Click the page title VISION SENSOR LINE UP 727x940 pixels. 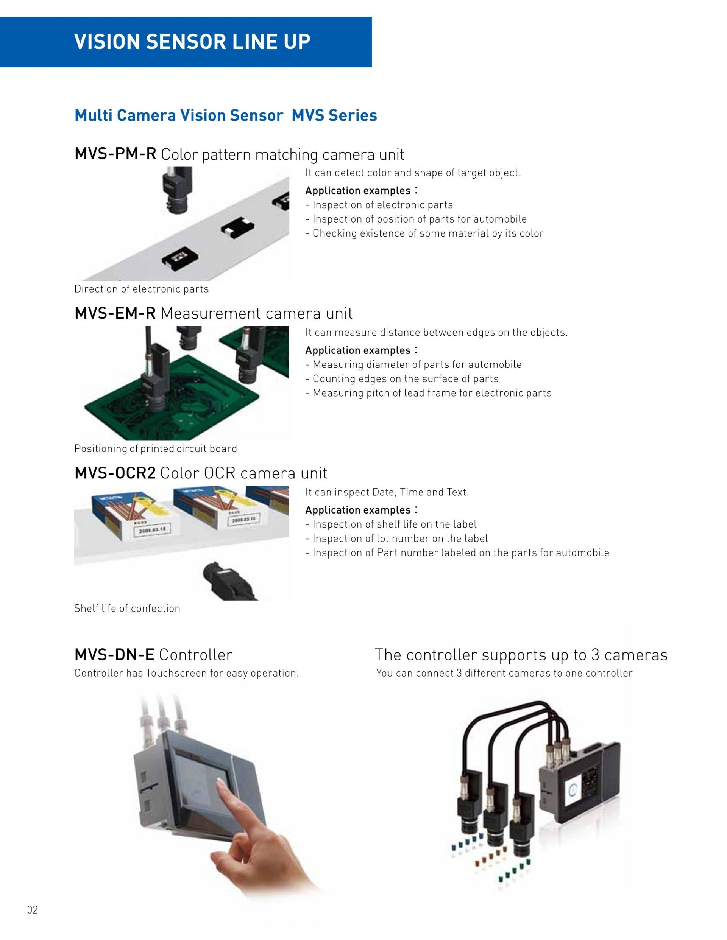tap(192, 42)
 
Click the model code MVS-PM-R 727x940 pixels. tap(115, 154)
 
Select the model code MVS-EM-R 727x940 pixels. tap(115, 313)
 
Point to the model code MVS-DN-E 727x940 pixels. tap(114, 655)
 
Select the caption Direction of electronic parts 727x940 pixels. tap(141, 289)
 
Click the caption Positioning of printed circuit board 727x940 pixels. tap(156, 448)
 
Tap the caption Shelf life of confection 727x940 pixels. tap(127, 608)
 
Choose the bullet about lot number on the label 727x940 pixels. tap(397, 538)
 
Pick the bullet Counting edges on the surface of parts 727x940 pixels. tap(402, 379)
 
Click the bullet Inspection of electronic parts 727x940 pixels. tap(379, 205)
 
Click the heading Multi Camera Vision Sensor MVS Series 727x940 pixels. tap(226, 115)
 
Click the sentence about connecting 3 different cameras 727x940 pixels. tap(504, 673)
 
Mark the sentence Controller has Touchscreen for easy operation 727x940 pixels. tap(187, 673)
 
